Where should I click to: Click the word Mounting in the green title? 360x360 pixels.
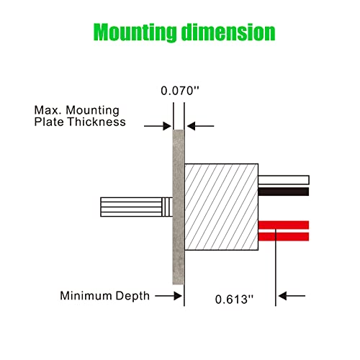(135, 32)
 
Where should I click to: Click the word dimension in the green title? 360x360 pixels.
(228, 32)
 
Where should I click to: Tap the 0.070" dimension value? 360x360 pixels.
(180, 91)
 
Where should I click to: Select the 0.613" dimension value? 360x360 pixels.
(234, 300)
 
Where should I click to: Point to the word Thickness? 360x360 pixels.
(96, 122)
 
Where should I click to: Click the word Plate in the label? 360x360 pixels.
(49, 122)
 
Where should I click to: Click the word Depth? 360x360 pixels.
(132, 296)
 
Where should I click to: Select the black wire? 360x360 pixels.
(284, 192)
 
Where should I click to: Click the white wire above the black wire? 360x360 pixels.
(284, 180)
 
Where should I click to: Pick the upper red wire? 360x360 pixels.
(284, 225)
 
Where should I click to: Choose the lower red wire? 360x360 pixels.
(284, 237)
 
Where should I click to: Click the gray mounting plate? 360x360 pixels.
(179, 207)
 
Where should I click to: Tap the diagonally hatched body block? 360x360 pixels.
(221, 207)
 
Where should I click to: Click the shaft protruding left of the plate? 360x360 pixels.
(136, 207)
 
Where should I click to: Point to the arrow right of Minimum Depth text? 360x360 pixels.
(168, 296)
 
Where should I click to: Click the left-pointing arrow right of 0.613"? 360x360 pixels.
(292, 296)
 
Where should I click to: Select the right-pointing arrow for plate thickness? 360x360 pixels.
(158, 126)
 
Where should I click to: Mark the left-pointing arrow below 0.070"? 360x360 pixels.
(201, 126)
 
